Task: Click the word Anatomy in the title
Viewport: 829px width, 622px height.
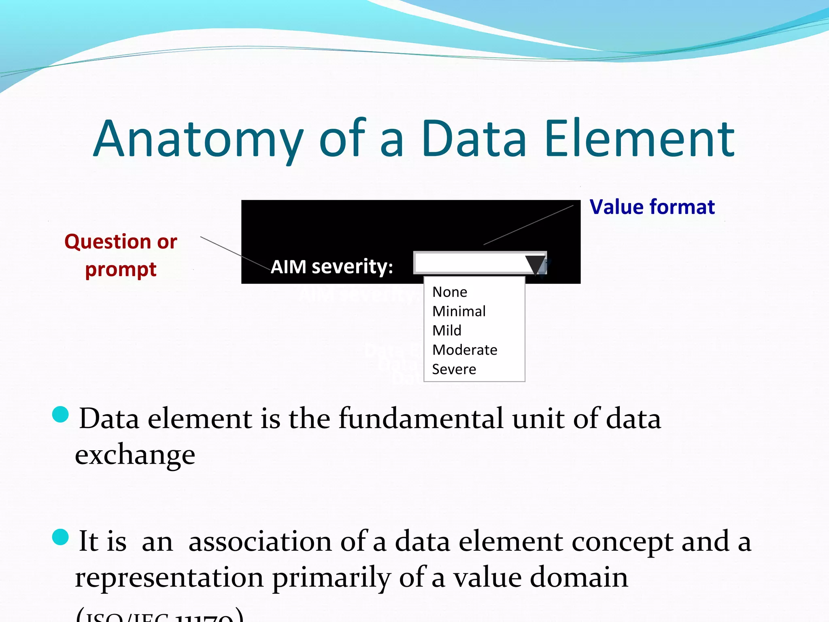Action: pos(198,140)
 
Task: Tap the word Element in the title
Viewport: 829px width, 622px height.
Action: pos(640,140)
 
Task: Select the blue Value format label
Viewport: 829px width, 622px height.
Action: pos(652,207)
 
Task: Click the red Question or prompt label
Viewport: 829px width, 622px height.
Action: pos(121,255)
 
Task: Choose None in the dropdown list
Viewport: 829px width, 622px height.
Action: pos(450,292)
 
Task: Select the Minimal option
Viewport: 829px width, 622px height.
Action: pos(459,311)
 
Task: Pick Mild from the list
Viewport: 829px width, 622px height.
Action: pos(447,330)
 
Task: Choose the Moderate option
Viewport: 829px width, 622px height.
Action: pos(465,350)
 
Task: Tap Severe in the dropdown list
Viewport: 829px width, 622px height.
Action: pos(454,369)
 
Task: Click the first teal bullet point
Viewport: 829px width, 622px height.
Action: pos(61,414)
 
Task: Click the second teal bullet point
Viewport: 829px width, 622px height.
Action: pos(61,537)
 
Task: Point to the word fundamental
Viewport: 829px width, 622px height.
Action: pos(421,419)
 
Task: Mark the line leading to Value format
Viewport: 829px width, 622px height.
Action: pos(528,225)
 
